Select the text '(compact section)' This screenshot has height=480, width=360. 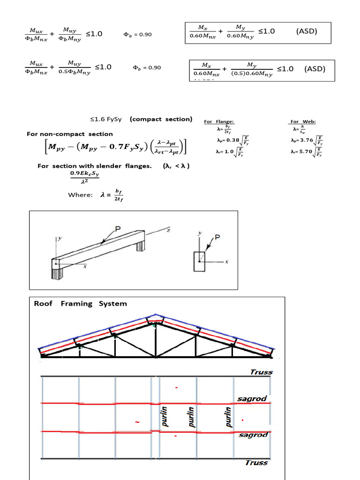(161, 119)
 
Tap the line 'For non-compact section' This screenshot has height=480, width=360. (70, 134)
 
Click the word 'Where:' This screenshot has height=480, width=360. (81, 195)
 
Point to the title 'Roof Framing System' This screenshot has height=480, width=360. (80, 304)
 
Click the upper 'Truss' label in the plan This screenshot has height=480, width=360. (261, 372)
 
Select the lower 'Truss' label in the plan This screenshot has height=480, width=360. (256, 463)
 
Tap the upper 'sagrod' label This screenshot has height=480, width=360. (252, 399)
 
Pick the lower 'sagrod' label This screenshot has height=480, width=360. (253, 435)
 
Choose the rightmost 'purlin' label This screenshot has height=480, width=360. (229, 416)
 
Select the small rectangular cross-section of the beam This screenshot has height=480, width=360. (199, 262)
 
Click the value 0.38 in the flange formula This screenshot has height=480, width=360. (232, 140)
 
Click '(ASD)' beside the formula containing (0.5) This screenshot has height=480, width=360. (315, 69)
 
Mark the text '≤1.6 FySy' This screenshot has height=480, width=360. (106, 119)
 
